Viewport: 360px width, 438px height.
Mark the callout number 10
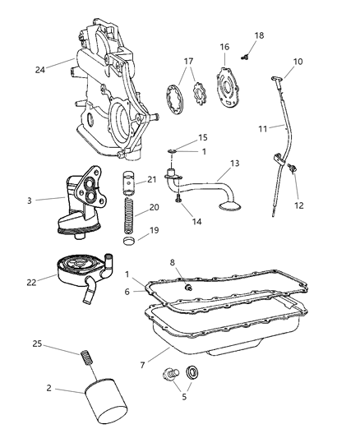(297, 62)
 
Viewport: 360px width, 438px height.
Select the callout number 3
(30, 199)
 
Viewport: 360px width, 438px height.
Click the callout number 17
(188, 61)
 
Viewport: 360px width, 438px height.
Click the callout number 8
(173, 263)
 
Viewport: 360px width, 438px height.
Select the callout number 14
(194, 222)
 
